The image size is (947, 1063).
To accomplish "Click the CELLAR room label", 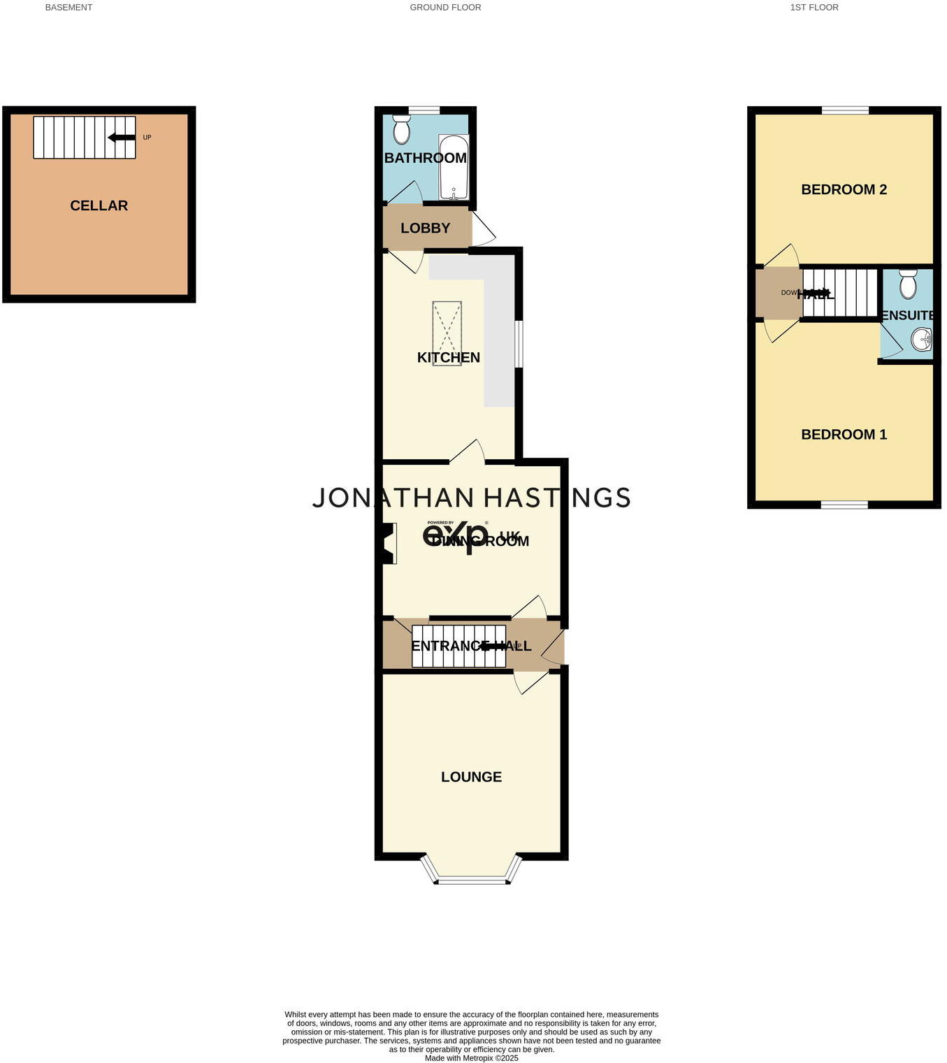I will (x=99, y=205).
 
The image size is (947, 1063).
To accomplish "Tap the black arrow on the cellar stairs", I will (x=122, y=138).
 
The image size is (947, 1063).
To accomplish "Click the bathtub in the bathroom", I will (x=454, y=168).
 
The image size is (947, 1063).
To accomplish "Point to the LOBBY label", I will (x=425, y=228).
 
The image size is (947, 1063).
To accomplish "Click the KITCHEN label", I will (x=448, y=358).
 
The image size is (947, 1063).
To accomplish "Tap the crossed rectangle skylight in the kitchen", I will (x=447, y=333).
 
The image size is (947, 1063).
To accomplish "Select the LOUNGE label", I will (x=471, y=777).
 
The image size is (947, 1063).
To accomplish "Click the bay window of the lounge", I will (x=471, y=879).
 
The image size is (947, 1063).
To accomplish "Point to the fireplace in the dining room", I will (x=388, y=544).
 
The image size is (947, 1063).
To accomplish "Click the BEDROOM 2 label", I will (x=844, y=189).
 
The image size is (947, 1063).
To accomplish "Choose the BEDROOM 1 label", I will (x=844, y=435).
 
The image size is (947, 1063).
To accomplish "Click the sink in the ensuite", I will (x=922, y=340).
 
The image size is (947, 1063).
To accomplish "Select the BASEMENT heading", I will (x=68, y=8).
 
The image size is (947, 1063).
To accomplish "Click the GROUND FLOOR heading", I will (x=445, y=8).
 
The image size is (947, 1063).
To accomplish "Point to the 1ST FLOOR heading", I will (x=814, y=8).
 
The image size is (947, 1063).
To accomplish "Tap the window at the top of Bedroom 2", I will (x=845, y=110).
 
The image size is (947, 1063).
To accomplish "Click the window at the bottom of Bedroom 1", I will (x=844, y=504).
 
